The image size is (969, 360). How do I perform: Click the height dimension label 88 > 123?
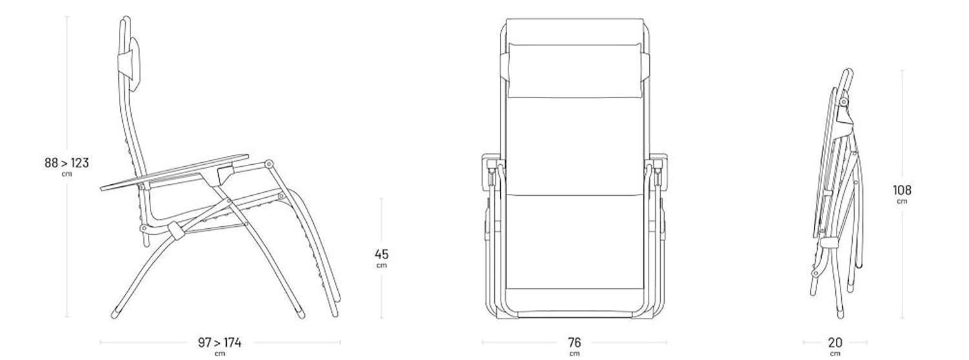(67, 163)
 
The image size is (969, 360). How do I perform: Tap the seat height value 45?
(382, 254)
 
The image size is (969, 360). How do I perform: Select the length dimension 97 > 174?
(220, 343)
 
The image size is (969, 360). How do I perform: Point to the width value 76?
(574, 343)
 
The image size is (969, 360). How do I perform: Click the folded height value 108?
(902, 190)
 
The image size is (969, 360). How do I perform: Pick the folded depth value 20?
(835, 343)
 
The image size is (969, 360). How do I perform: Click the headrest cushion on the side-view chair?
(134, 64)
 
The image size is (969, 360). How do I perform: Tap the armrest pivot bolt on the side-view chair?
(269, 164)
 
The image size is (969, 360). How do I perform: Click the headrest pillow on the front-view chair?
(575, 70)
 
